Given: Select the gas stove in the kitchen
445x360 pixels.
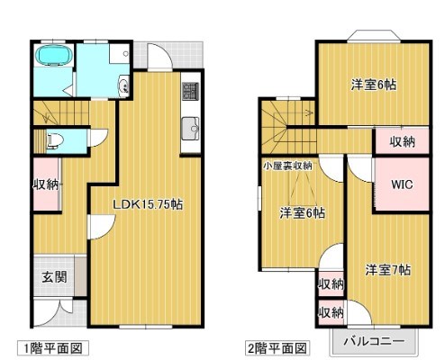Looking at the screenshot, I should pos(190,91).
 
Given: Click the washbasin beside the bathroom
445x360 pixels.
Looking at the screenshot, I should pos(122,86).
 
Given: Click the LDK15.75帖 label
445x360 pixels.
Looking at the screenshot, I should pos(148,205).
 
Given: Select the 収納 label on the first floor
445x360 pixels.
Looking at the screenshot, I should pos(46,184).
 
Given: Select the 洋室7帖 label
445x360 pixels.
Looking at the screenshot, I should pos(388,268).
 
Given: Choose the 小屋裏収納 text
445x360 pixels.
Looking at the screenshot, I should pos(287,165).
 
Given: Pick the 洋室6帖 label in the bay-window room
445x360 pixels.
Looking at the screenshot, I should pos(373,85).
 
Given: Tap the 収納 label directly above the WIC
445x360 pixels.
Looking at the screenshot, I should pos(402,141).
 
